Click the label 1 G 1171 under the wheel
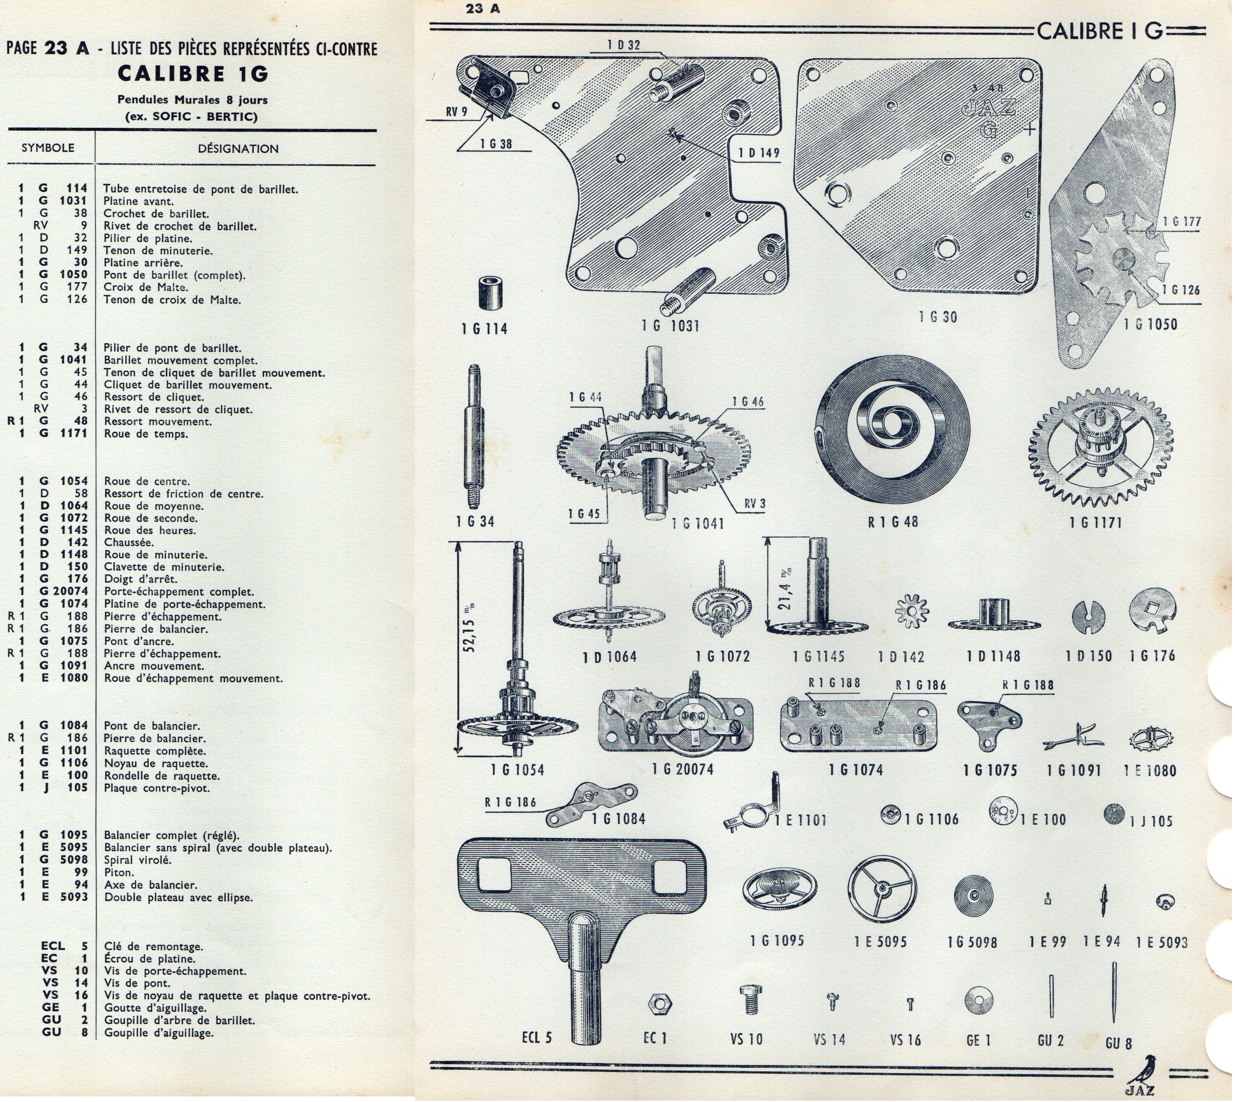pos(1095,522)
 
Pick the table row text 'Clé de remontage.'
pos(153,946)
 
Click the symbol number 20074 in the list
pos(73,592)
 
